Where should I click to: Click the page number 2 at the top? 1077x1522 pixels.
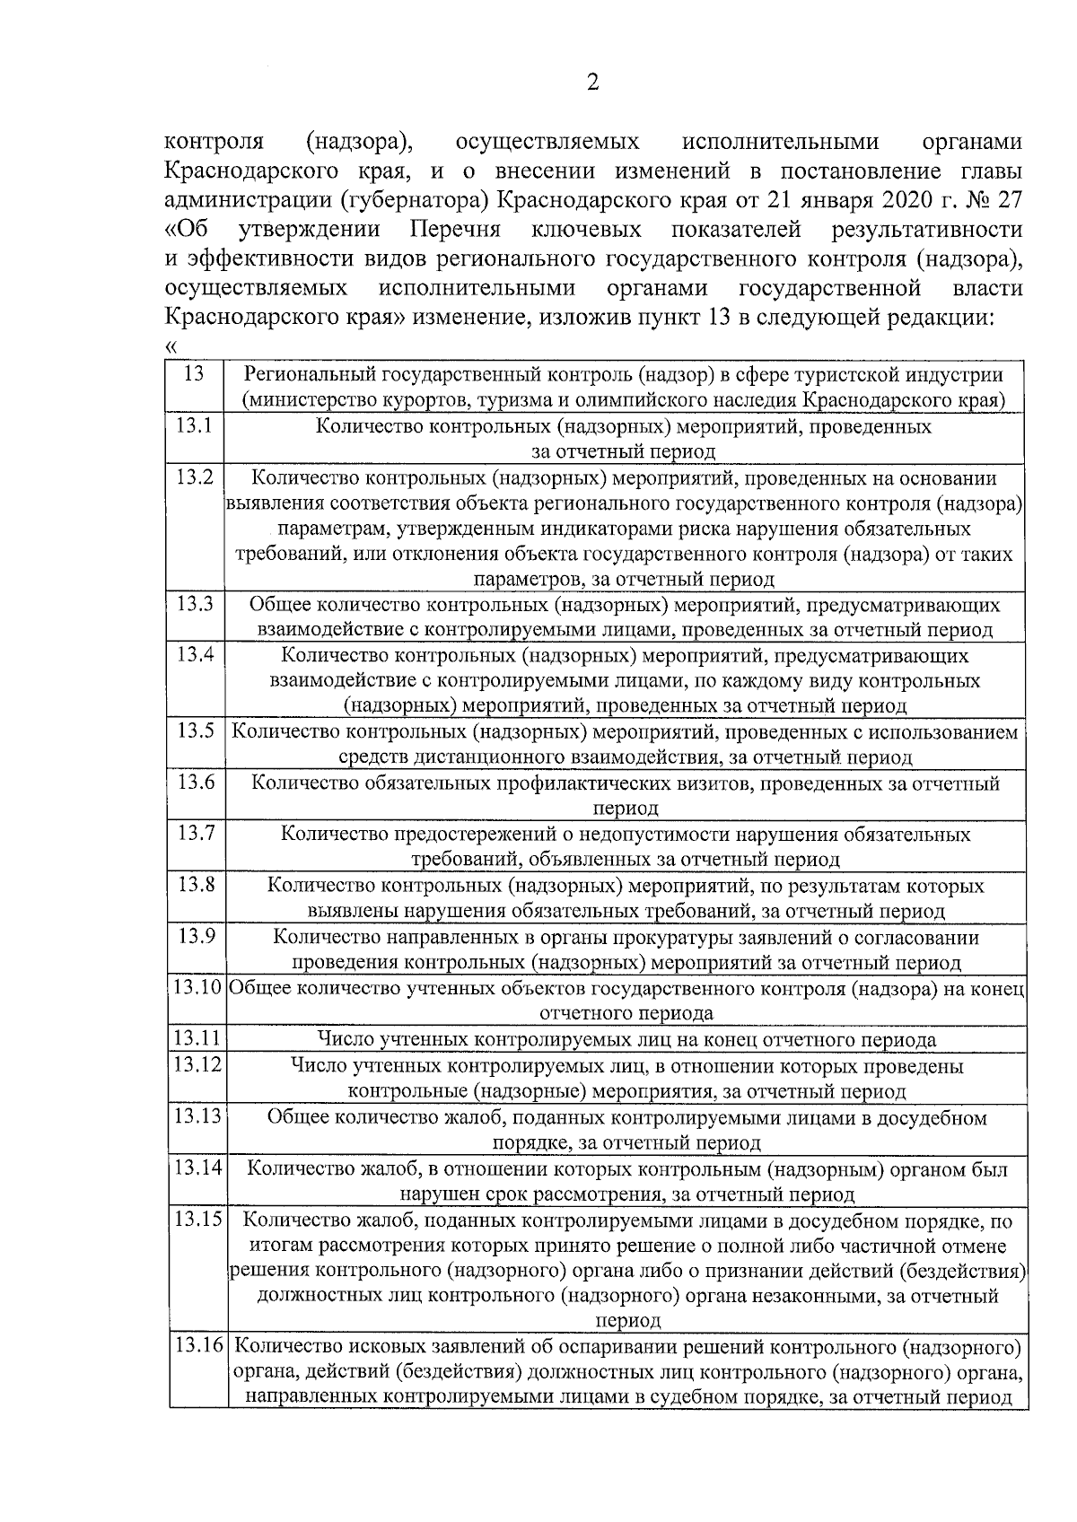point(592,83)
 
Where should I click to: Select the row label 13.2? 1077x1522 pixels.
point(195,477)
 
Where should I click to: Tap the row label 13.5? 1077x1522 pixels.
point(196,730)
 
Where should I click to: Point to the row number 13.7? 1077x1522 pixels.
point(196,833)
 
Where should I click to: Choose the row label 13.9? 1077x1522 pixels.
point(196,936)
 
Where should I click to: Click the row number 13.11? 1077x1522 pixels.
point(197,1038)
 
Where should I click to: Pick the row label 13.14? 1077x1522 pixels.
point(197,1168)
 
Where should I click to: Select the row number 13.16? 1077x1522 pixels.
point(198,1347)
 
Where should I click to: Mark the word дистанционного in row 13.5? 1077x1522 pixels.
point(491,757)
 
